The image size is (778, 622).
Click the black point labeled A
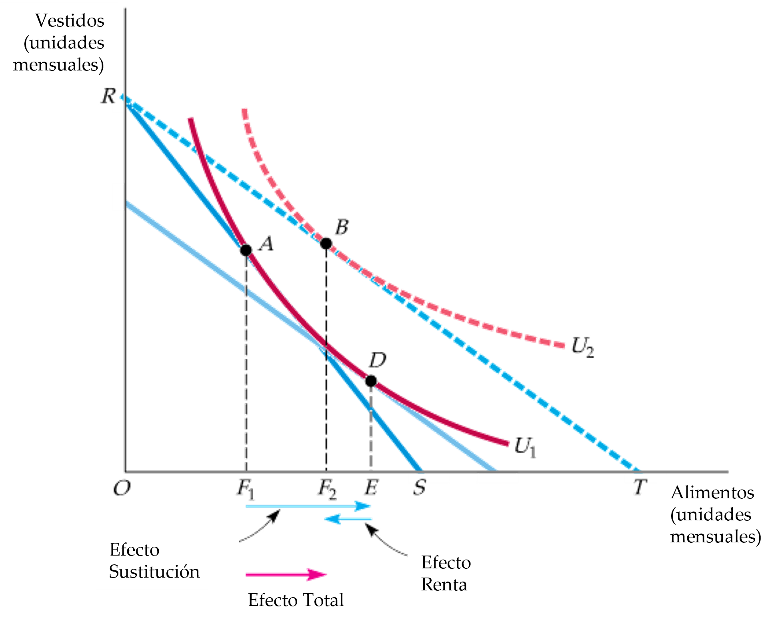[x=246, y=250]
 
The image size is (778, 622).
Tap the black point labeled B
[x=326, y=243]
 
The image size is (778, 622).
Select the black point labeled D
[x=371, y=381]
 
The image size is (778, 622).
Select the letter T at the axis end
[x=639, y=488]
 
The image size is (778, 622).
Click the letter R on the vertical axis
[x=107, y=96]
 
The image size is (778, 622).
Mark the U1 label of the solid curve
[x=525, y=447]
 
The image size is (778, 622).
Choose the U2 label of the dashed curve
[x=582, y=346]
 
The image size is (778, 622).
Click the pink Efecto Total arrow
[x=286, y=575]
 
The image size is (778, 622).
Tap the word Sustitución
[x=154, y=572]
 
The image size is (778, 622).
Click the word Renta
[x=444, y=585]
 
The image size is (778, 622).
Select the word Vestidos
[x=70, y=21]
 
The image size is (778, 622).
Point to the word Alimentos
[x=712, y=493]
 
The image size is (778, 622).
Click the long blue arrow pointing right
[x=308, y=507]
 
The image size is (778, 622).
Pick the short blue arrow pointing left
[x=348, y=519]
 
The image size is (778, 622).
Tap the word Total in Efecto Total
[x=324, y=600]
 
